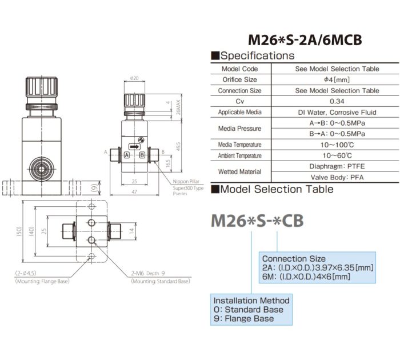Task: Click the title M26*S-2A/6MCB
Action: pos(305,41)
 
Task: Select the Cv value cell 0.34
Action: pos(337,101)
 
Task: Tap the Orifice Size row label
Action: pos(239,79)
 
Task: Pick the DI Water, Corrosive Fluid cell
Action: pos(337,112)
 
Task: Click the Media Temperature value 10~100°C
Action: pos(337,145)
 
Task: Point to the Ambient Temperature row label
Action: pos(239,155)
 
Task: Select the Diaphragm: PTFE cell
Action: pos(337,166)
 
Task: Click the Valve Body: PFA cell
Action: pos(337,177)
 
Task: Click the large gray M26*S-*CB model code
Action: pos(257,221)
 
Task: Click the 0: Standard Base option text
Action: pos(249,310)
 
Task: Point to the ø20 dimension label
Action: pos(135,78)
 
